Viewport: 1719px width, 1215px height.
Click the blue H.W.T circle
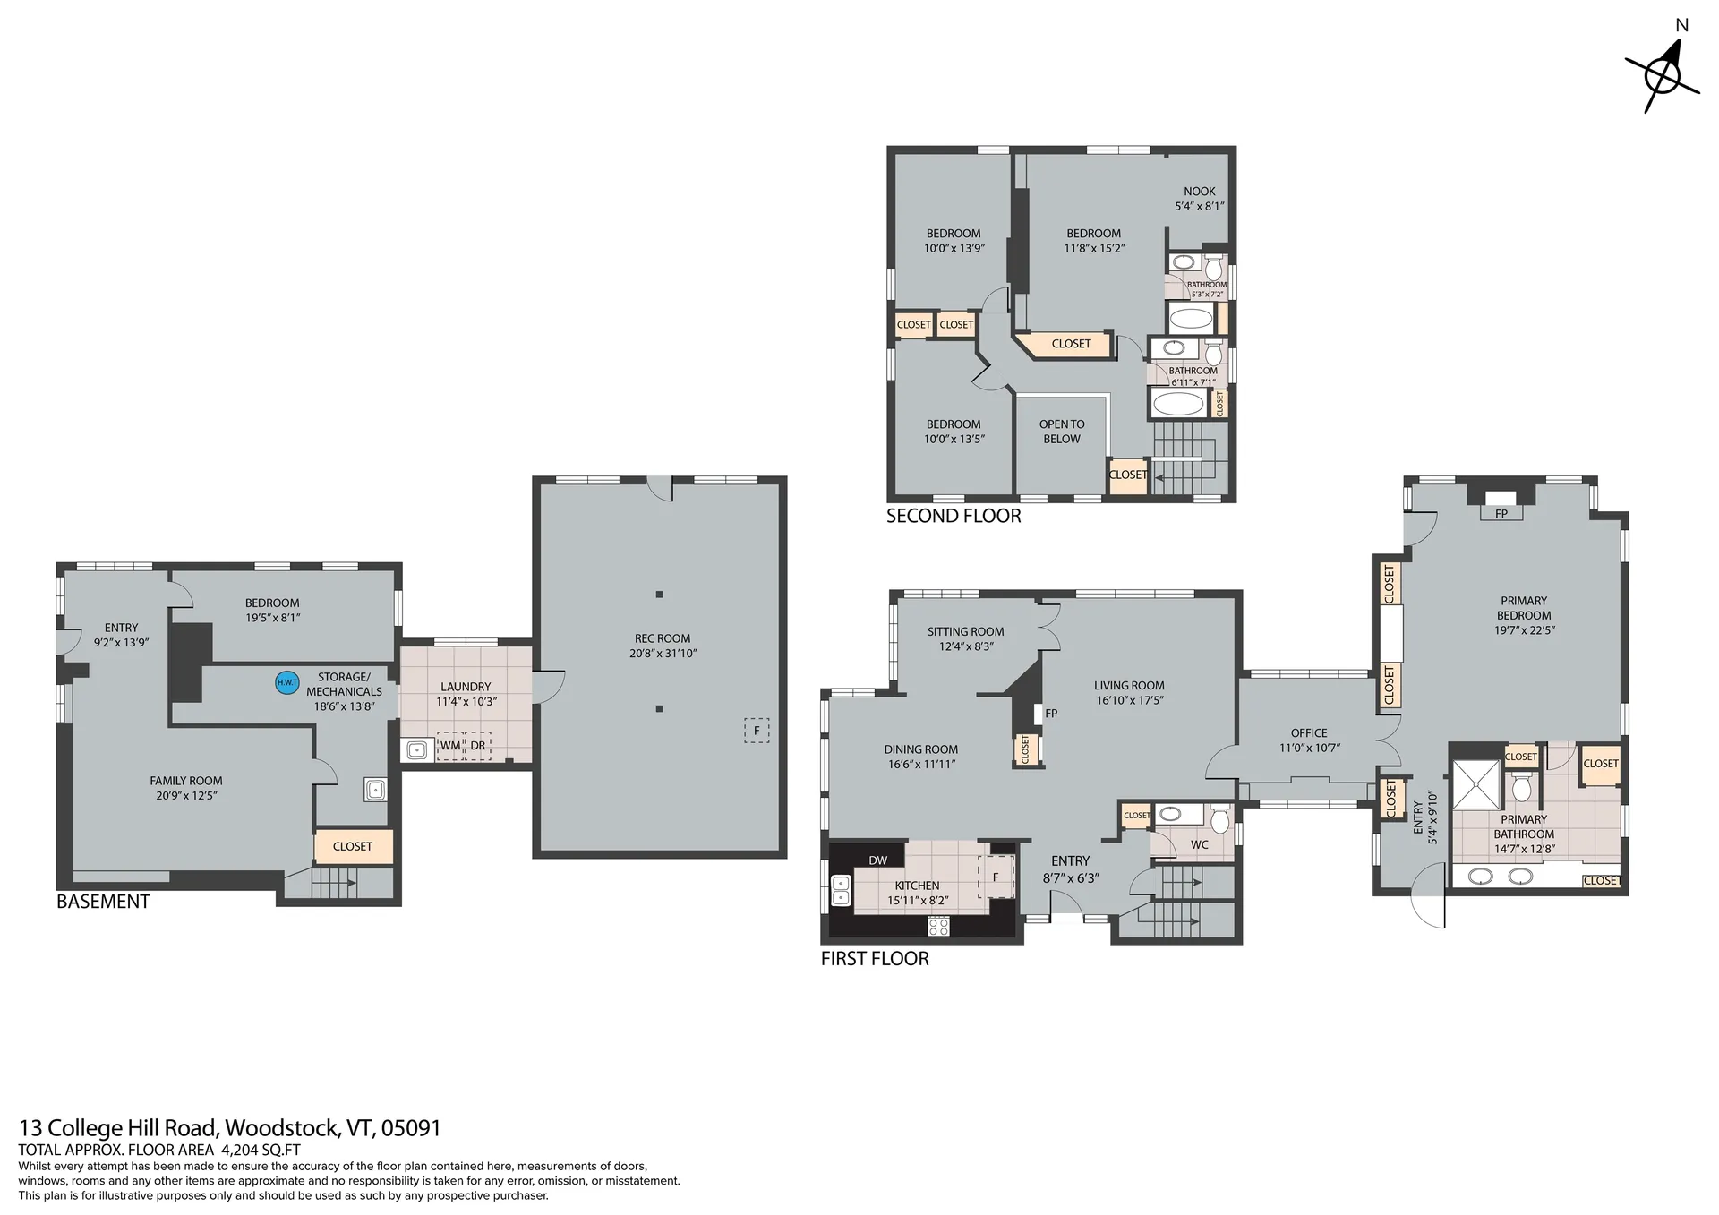287,682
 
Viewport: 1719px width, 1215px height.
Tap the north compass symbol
1663,69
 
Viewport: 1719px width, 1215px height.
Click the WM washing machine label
450,746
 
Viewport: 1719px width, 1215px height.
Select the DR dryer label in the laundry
478,746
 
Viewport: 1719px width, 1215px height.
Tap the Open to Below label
1062,432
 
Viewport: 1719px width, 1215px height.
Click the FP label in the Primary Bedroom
1501,514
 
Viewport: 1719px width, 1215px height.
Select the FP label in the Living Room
1051,714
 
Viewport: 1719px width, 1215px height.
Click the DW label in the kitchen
878,860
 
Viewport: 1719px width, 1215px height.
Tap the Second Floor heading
954,516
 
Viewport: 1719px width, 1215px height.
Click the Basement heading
103,902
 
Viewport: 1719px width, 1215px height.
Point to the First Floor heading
875,958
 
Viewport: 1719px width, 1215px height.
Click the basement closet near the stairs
353,847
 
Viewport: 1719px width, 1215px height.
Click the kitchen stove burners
938,927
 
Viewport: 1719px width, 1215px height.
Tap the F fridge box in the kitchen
996,877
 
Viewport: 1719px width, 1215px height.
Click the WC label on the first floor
1200,844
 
